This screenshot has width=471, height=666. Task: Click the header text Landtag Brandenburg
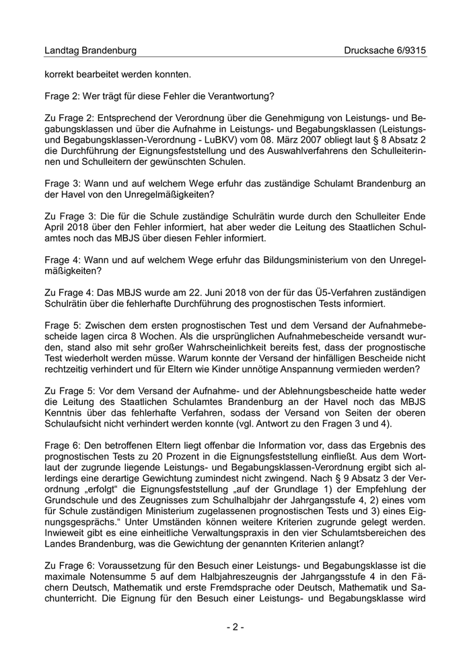[x=90, y=50]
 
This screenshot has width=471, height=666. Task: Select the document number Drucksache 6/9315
[x=385, y=50]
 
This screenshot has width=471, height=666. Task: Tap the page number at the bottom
[x=235, y=627]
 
